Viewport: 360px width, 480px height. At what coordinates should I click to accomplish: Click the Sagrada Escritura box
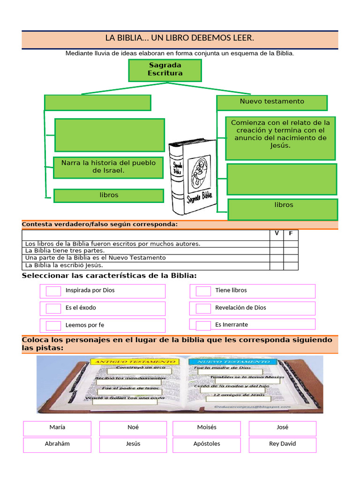pos(165,70)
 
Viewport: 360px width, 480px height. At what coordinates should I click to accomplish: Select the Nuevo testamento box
pos(272,102)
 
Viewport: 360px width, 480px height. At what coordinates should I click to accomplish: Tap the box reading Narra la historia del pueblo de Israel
pos(108,167)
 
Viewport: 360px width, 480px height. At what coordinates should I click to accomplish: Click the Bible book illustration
pos(193,177)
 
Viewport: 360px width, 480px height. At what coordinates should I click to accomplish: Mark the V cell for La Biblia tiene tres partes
pos(277,251)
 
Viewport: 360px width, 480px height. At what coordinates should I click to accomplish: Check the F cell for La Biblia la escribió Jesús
pos(291,266)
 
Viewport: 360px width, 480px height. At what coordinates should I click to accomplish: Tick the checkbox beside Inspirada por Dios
pos(53,291)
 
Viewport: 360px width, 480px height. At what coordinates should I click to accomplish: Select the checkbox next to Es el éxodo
pos(53,308)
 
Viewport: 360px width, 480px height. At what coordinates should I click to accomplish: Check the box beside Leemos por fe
pos(53,325)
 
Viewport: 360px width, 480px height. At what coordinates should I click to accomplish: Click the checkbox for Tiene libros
pos(203,291)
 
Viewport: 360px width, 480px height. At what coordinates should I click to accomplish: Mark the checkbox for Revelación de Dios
pos(203,308)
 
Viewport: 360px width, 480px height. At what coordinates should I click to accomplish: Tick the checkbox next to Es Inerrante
pos(203,325)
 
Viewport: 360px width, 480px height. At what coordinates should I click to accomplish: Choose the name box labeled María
pos(57,428)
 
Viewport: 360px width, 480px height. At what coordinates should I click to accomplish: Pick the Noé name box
pos(133,428)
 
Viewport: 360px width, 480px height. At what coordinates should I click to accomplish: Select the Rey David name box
pos(282,444)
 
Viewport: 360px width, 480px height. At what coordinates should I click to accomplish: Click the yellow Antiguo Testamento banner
pos(133,362)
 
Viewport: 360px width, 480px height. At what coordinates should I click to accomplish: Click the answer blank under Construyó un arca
pos(144,371)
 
